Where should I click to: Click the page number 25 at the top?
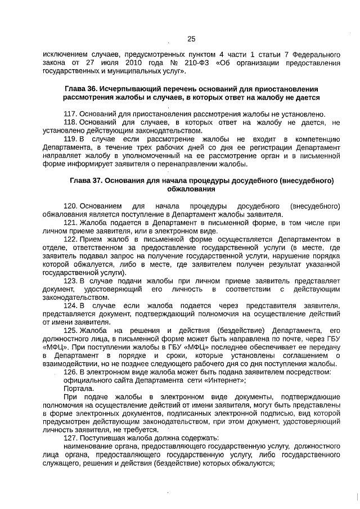[x=191, y=39]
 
